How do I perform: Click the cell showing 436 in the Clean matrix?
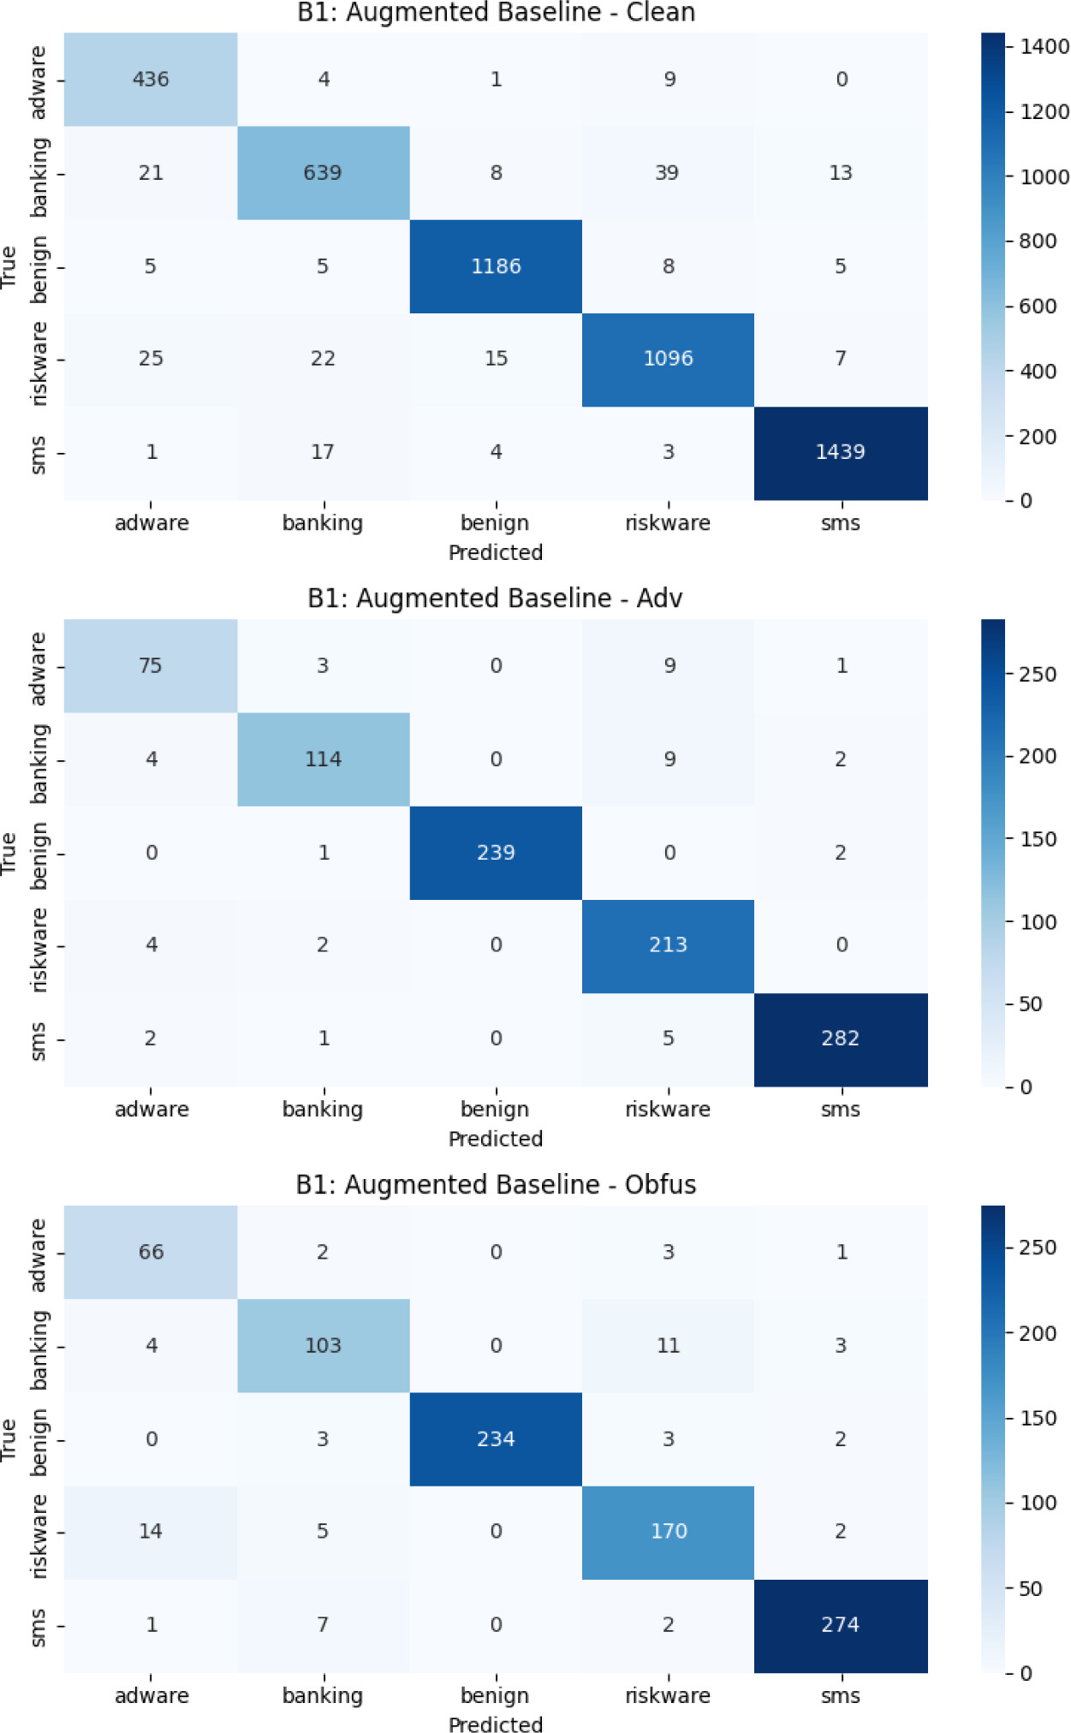click(151, 80)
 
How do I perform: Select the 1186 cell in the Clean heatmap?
click(496, 266)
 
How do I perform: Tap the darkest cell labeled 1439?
click(841, 453)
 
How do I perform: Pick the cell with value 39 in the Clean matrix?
click(668, 173)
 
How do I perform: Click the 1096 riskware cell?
click(668, 360)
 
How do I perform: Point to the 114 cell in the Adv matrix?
click(324, 759)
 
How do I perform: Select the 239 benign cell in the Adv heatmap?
click(496, 853)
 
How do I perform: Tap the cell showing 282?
click(841, 1039)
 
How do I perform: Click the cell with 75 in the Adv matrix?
click(151, 666)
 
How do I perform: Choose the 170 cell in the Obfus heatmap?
click(668, 1532)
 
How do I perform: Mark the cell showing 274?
click(841, 1625)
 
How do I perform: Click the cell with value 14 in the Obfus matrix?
click(151, 1532)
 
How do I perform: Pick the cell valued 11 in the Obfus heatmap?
click(668, 1345)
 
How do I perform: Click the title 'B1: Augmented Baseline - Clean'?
click(496, 12)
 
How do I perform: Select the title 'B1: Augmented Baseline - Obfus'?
click(496, 1184)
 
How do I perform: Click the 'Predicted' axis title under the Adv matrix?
click(496, 1139)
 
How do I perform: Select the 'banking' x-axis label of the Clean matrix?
click(323, 523)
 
